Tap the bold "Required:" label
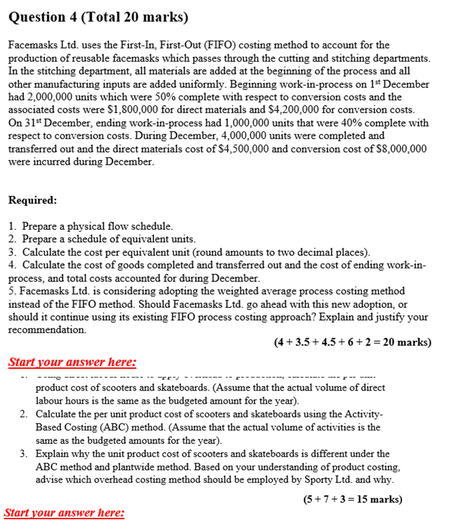point(33,201)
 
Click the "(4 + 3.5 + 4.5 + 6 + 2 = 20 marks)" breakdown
point(352,342)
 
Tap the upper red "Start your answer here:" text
point(72,363)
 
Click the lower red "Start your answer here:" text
point(64,514)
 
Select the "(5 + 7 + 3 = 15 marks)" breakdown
point(352,500)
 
